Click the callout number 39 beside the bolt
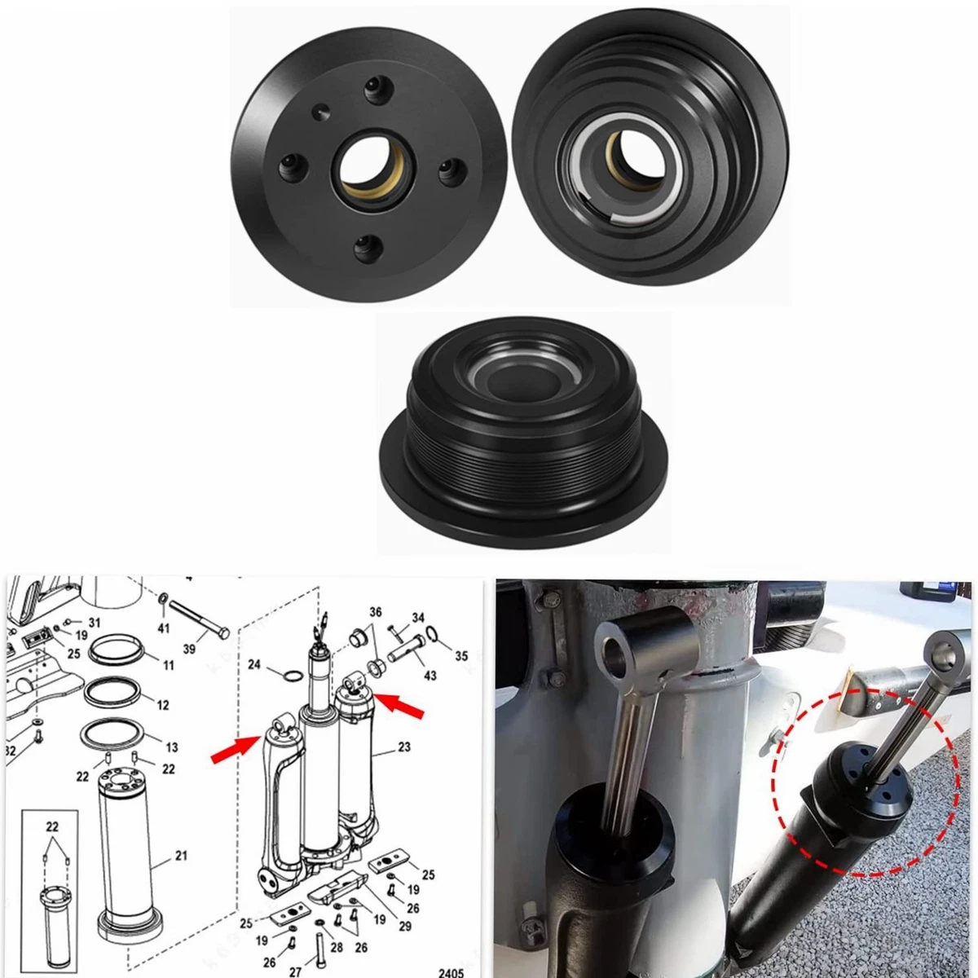click(x=189, y=649)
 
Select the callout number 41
click(x=164, y=628)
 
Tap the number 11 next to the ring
click(x=169, y=665)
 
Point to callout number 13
click(x=171, y=747)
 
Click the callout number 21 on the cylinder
click(x=181, y=856)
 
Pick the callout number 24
click(x=254, y=665)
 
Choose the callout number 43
click(x=430, y=676)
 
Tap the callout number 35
click(x=461, y=654)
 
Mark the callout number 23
click(x=404, y=747)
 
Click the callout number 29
click(x=406, y=926)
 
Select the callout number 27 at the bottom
click(x=294, y=971)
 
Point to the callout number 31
click(x=95, y=623)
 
